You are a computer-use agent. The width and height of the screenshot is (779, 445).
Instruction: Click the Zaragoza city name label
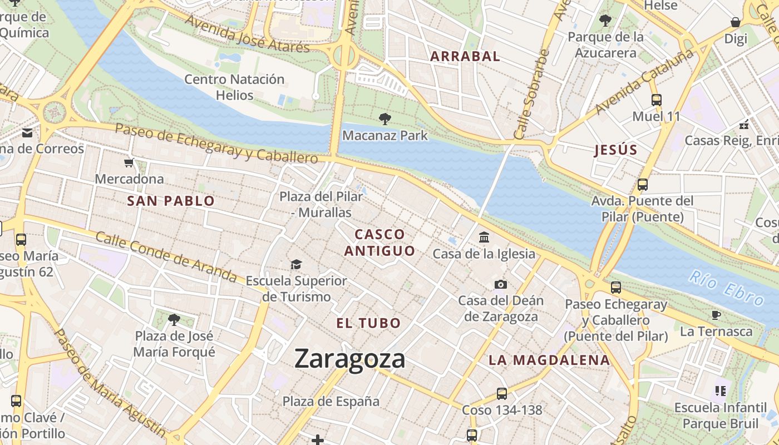tap(349, 358)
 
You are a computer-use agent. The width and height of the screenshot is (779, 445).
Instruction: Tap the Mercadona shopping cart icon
tap(129, 163)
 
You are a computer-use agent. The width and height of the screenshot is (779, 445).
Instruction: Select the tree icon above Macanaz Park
tap(384, 118)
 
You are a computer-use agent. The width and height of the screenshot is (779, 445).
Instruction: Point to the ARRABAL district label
tap(465, 56)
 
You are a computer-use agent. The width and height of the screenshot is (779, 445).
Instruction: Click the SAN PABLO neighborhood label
tap(171, 201)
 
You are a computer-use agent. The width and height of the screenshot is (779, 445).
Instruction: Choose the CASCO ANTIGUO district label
tap(380, 243)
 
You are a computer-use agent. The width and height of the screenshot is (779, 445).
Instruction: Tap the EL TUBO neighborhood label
tap(368, 323)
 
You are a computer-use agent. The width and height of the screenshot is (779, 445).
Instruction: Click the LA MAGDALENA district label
tap(549, 360)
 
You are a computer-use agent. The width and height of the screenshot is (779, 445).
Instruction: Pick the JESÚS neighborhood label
tap(615, 150)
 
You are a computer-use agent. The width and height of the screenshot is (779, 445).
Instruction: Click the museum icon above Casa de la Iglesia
tap(484, 238)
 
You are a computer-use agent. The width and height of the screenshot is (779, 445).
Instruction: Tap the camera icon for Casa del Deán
tap(501, 284)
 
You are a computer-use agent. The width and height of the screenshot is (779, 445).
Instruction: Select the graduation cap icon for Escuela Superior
tap(296, 264)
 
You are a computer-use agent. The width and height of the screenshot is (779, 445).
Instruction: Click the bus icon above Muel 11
tap(657, 100)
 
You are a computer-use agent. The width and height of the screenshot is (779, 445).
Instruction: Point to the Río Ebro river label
tap(726, 288)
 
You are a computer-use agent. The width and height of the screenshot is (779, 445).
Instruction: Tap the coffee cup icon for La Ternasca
tap(716, 315)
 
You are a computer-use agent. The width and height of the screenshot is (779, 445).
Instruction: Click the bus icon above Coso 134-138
tap(502, 394)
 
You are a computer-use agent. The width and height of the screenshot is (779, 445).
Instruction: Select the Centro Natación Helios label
tap(234, 87)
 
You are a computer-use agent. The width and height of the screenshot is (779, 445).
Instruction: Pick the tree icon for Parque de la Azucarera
tap(605, 21)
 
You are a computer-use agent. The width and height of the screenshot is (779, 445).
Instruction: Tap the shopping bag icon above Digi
tap(736, 22)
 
